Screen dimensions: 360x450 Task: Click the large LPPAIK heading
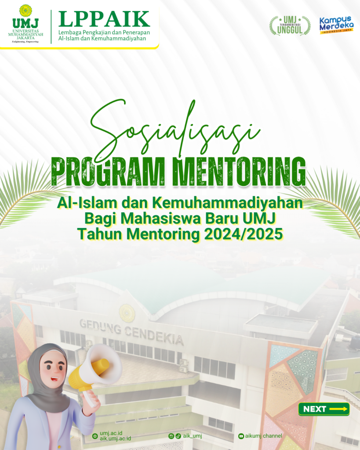[104, 19]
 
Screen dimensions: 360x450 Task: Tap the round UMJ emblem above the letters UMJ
[25, 11]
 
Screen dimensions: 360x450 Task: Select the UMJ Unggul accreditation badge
[290, 25]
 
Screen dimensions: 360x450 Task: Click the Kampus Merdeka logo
[336, 25]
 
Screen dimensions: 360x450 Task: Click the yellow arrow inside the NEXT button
[338, 409]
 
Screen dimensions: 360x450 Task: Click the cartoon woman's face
[53, 370]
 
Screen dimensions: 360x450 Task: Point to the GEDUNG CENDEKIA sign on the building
[131, 332]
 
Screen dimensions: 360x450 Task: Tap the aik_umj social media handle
[193, 436]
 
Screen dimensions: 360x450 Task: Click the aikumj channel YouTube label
[264, 436]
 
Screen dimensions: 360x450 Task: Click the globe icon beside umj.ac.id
[95, 436]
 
